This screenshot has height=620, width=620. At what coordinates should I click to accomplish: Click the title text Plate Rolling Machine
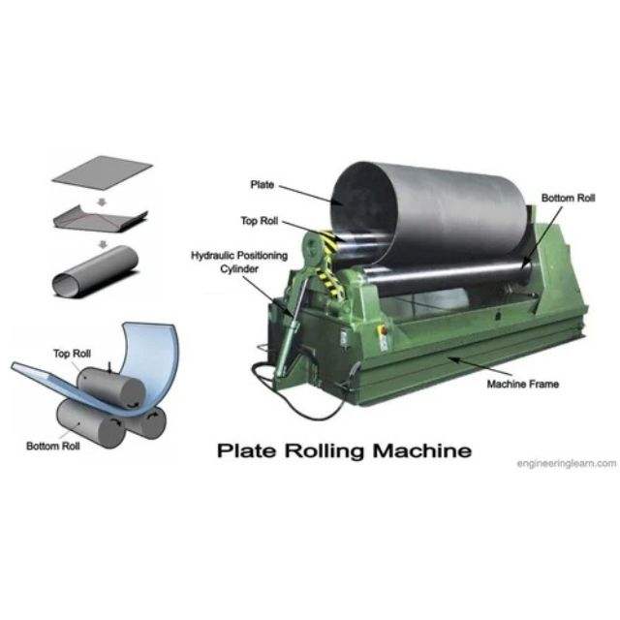[344, 450]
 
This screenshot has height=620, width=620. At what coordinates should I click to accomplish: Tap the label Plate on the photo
[262, 183]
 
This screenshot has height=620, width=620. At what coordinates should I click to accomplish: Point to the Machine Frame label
[520, 384]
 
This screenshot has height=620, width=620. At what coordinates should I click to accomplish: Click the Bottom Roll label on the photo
[568, 198]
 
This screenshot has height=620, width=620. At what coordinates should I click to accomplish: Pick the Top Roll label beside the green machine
[259, 221]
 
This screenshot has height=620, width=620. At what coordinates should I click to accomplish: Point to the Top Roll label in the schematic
[72, 354]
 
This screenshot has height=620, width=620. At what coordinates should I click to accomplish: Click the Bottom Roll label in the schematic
[52, 447]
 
